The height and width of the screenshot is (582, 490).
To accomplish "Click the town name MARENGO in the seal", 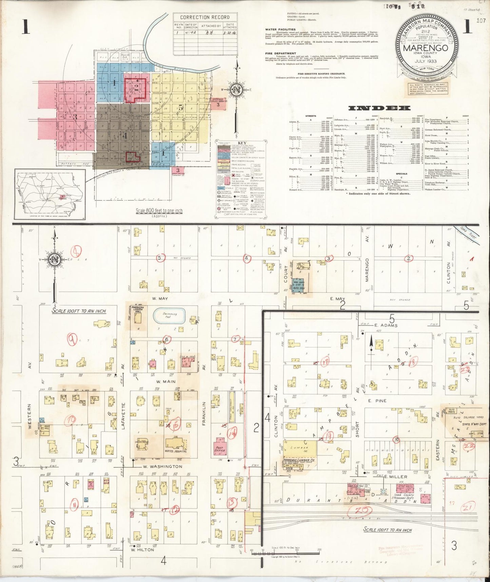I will tap(425, 48).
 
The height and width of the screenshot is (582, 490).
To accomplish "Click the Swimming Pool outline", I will tap(170, 316).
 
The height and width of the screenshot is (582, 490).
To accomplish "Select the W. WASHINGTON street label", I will tap(162, 467).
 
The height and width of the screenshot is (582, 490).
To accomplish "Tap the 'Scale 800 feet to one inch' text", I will tap(159, 211).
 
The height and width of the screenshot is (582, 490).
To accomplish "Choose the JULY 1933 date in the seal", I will tap(425, 61).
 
